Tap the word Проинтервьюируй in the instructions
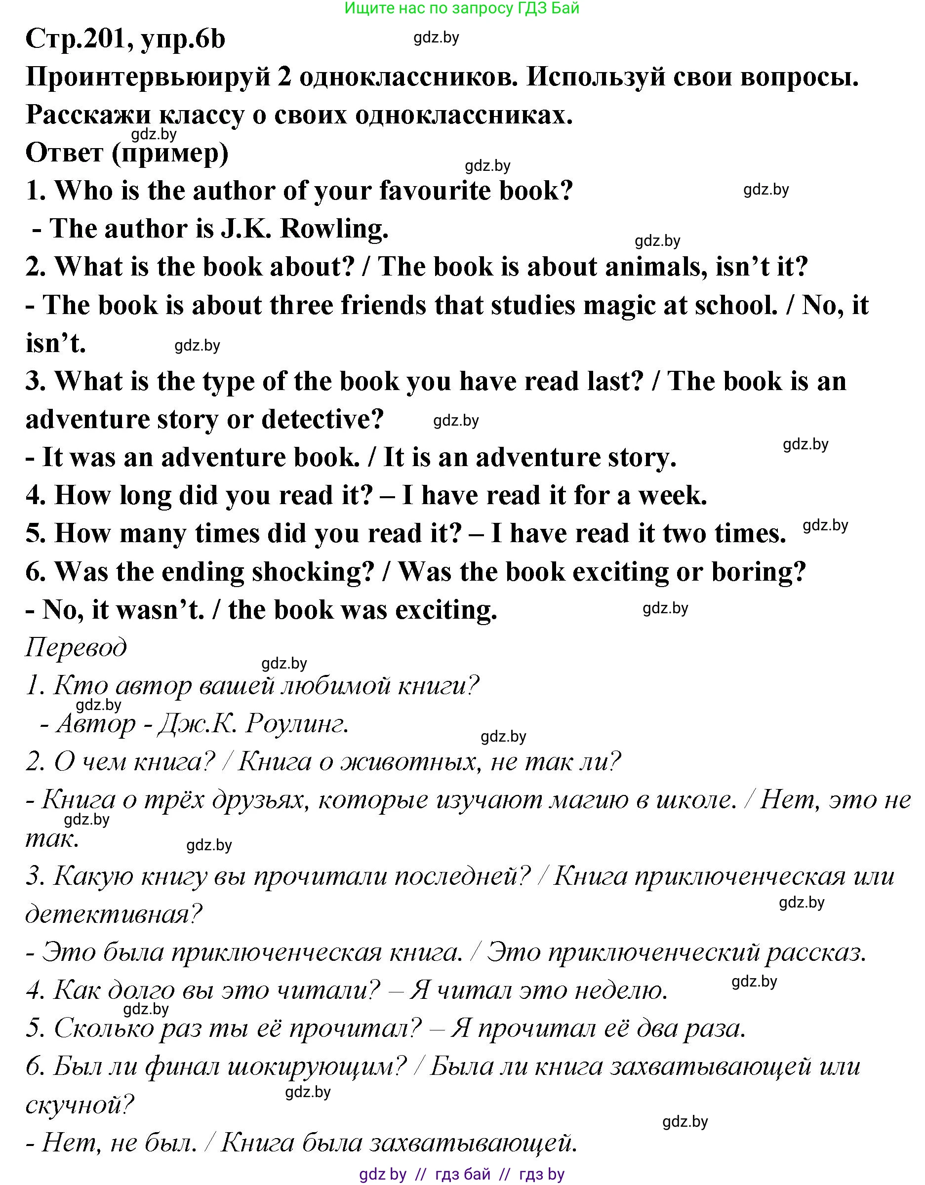[148, 78]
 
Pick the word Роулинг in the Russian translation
[296, 724]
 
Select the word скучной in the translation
[79, 1105]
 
